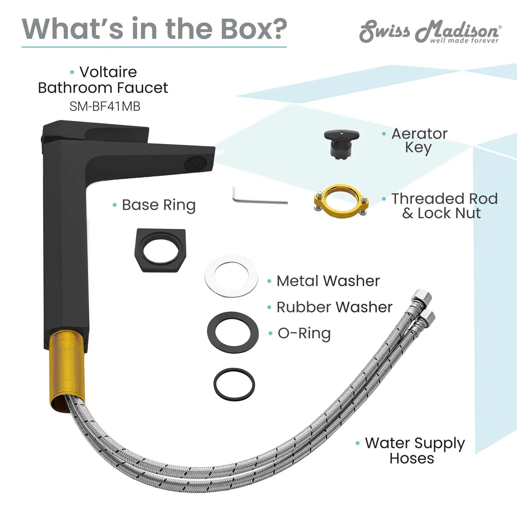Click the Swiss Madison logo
coord(430,31)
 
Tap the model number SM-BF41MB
coord(105,107)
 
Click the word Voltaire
coord(108,72)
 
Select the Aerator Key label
coord(419,140)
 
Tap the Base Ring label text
coord(158,205)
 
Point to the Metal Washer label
coord(328,281)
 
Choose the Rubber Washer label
coord(334,307)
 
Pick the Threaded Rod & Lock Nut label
coord(445,206)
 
